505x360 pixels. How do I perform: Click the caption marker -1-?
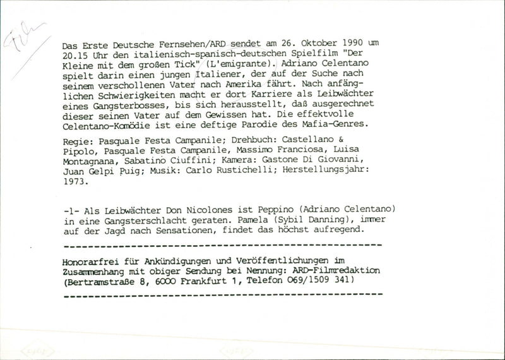(71, 210)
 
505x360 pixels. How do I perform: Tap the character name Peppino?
(278, 210)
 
